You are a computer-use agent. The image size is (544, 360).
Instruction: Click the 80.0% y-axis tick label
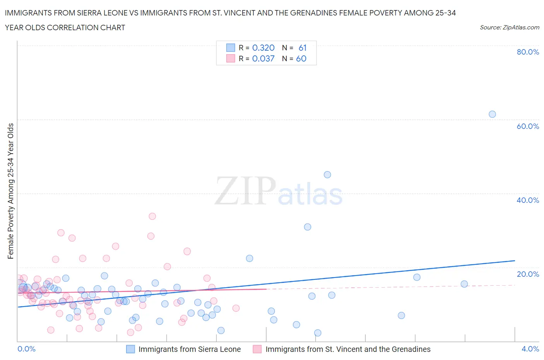[528, 52]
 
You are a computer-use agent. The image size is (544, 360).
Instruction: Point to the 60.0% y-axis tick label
[528, 126]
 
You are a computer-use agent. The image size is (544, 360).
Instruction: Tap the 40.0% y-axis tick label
[528, 200]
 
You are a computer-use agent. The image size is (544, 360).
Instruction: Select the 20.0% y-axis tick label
[528, 274]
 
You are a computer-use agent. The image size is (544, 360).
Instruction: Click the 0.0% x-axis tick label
[26, 349]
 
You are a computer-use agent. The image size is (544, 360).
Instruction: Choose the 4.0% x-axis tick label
[530, 349]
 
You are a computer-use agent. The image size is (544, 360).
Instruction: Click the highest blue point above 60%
[492, 114]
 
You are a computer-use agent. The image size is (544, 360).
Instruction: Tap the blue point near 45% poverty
[327, 175]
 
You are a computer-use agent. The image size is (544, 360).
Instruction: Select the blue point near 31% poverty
[308, 227]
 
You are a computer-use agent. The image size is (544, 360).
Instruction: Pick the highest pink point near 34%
[152, 216]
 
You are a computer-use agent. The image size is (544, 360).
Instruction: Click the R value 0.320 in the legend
[263, 48]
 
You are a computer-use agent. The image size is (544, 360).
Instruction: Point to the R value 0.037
[263, 58]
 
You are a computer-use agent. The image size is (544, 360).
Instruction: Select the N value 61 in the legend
[303, 48]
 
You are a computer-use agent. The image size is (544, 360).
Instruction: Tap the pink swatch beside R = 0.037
[231, 58]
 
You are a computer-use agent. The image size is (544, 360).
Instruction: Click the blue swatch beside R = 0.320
[231, 48]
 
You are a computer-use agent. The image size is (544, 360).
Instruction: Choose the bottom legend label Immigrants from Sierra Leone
[190, 349]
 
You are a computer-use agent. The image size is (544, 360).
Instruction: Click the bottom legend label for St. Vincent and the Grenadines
[348, 349]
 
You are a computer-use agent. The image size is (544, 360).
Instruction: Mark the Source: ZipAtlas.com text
[509, 27]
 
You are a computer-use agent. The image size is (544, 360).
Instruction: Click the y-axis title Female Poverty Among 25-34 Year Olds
[11, 191]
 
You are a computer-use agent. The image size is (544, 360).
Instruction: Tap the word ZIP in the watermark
[245, 190]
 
